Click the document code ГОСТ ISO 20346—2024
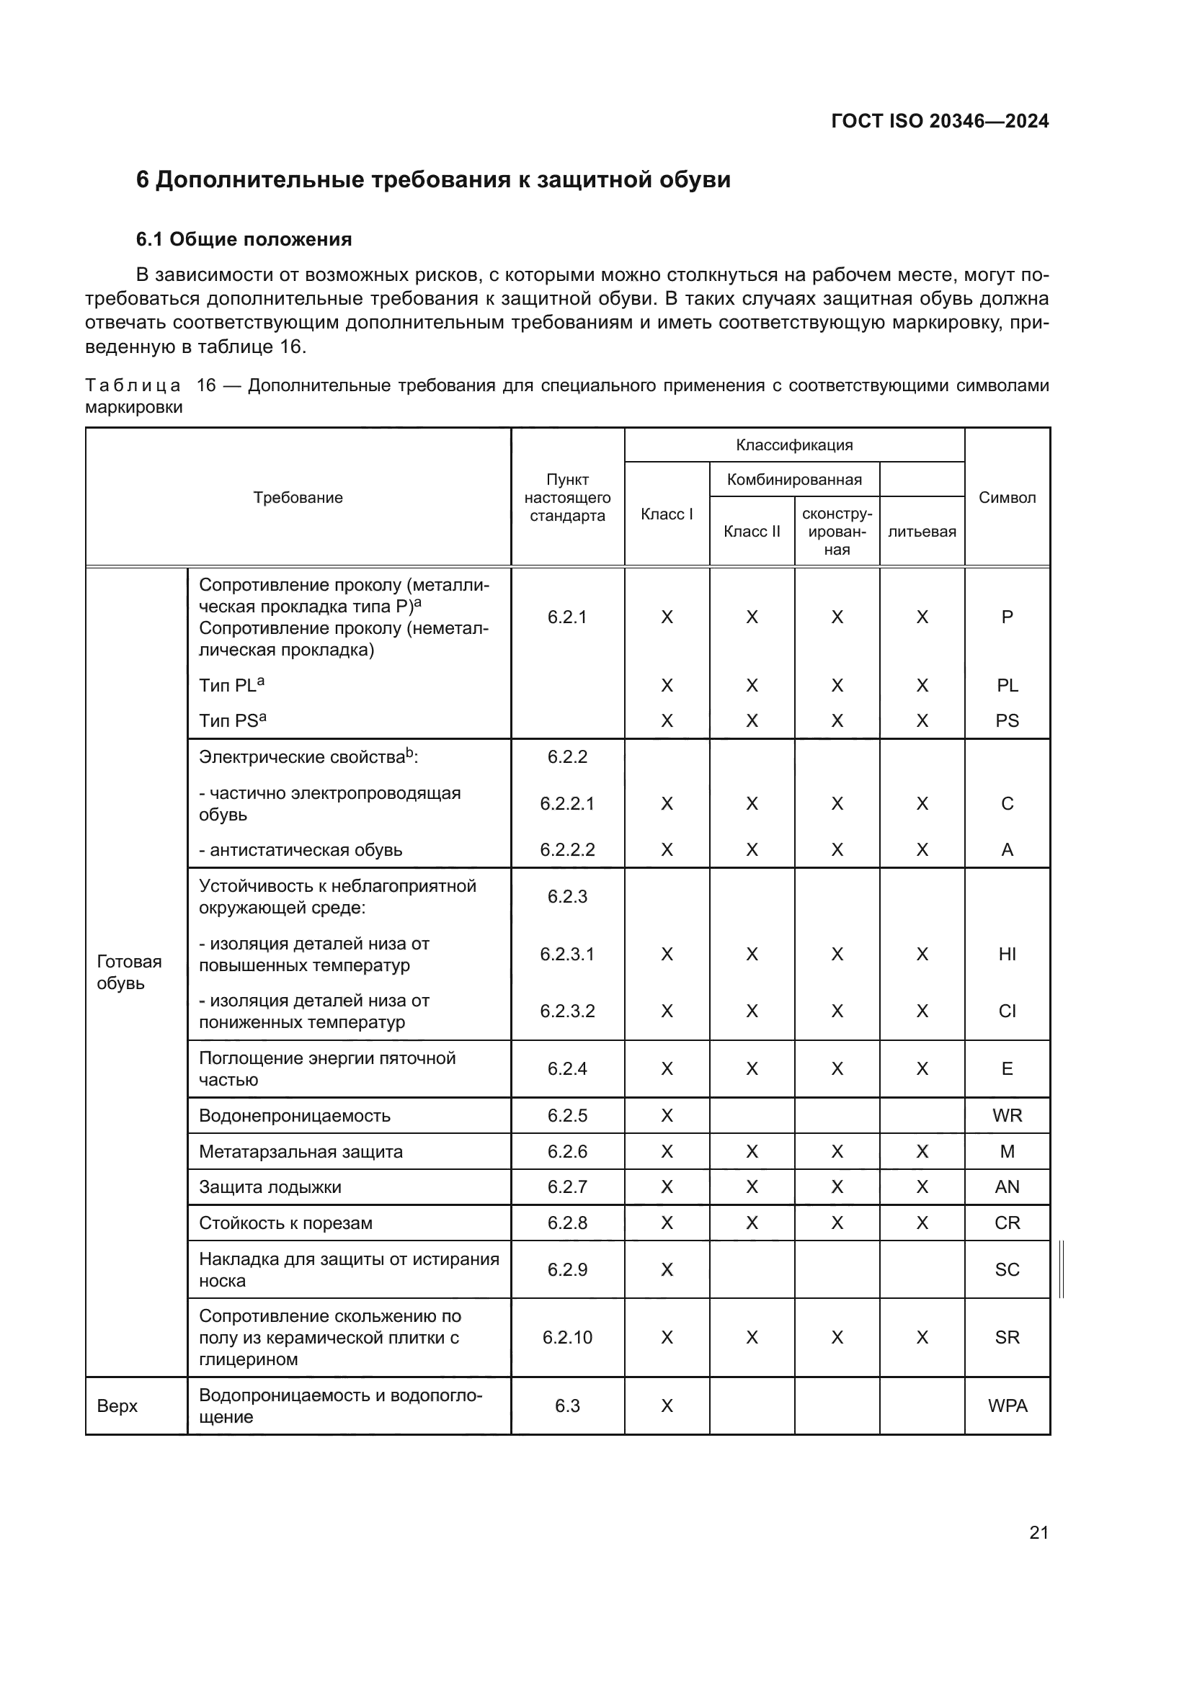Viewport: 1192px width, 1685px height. (940, 121)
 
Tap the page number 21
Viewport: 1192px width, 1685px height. (1038, 1532)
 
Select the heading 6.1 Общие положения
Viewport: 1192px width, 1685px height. (244, 239)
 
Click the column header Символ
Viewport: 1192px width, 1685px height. (1007, 498)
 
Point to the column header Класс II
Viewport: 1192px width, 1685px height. (752, 532)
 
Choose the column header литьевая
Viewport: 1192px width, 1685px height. (922, 532)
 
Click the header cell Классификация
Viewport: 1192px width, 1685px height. (794, 444)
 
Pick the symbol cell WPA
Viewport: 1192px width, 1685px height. (1007, 1405)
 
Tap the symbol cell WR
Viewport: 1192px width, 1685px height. (1007, 1115)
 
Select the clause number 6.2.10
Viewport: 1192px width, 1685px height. (567, 1337)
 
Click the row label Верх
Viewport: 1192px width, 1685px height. (117, 1406)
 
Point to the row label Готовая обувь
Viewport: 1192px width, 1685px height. (129, 973)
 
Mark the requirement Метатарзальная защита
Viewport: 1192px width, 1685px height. (301, 1151)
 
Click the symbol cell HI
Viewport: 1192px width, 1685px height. (1007, 954)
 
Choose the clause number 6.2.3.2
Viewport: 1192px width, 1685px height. (567, 1011)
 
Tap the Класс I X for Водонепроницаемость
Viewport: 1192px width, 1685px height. (667, 1115)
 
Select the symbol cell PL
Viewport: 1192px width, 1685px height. (1007, 685)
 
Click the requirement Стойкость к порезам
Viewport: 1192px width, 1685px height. (285, 1223)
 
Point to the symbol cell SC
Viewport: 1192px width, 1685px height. (1007, 1269)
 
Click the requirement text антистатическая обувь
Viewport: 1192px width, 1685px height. (306, 850)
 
